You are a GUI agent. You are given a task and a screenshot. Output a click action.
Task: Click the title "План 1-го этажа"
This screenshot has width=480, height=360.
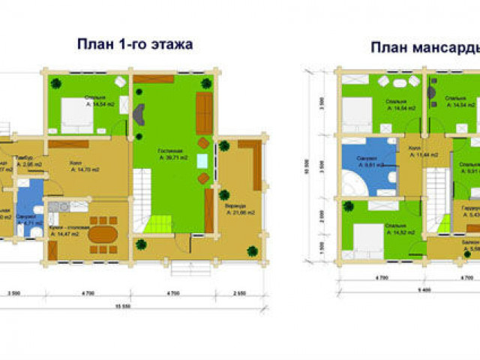135,44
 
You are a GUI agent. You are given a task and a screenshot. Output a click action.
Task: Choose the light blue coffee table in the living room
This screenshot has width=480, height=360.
202,160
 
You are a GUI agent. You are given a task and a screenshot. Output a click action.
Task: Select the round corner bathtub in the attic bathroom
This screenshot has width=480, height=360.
352,181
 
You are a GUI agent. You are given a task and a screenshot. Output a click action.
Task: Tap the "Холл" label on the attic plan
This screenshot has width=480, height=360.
414,149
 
